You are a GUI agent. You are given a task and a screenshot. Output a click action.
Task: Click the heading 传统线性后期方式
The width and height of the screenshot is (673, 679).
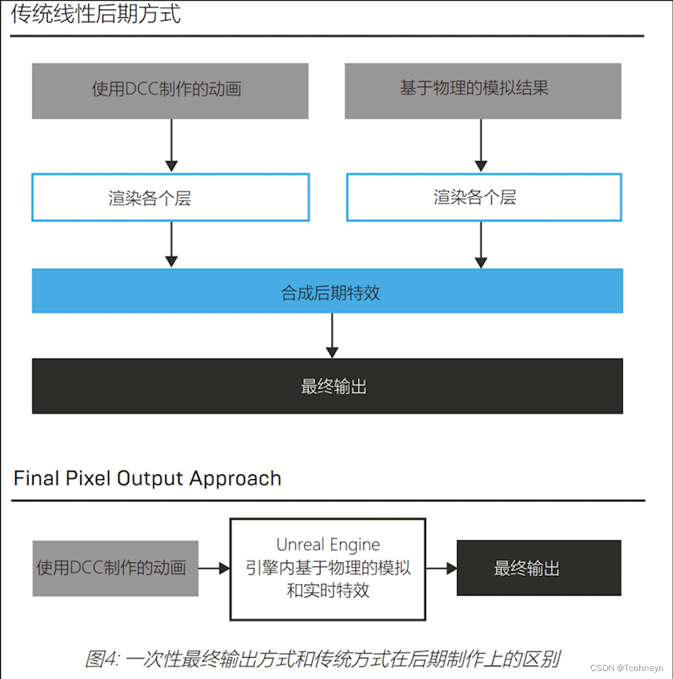tap(96, 14)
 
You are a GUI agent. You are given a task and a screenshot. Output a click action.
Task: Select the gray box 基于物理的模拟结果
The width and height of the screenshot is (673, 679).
tap(483, 91)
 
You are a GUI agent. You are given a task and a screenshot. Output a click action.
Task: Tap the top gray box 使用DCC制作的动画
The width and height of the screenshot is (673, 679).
tap(170, 91)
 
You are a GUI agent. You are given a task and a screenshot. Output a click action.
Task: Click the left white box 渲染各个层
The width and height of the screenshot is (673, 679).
tap(170, 197)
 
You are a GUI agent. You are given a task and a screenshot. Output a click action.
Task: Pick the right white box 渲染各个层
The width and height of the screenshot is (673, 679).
tap(483, 197)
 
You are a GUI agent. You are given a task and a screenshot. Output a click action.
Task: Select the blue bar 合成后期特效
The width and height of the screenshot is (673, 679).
tap(328, 291)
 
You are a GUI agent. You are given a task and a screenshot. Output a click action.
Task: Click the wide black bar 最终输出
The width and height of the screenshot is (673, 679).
tap(328, 386)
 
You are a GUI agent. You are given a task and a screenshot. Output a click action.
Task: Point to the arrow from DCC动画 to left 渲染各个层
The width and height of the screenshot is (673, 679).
tap(171, 145)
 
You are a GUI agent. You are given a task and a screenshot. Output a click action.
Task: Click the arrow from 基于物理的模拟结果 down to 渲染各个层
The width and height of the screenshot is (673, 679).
tap(481, 145)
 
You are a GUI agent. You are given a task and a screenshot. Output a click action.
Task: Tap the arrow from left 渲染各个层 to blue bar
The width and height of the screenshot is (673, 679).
tap(171, 244)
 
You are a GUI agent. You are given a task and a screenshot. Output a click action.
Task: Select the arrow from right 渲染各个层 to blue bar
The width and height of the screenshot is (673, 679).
tap(481, 244)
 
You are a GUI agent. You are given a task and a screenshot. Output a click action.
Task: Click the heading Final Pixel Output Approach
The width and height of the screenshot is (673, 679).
tap(147, 478)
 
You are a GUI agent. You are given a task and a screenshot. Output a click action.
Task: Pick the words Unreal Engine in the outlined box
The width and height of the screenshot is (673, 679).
tap(328, 545)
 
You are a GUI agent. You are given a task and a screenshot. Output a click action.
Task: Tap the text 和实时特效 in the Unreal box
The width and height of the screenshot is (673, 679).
tap(328, 590)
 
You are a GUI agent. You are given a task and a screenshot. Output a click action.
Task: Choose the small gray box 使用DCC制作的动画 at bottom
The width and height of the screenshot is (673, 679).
tap(115, 568)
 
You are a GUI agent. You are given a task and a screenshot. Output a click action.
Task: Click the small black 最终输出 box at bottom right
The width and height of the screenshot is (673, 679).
tap(539, 568)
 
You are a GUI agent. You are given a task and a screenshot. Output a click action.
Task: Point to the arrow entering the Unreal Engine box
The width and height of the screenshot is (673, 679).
tap(213, 568)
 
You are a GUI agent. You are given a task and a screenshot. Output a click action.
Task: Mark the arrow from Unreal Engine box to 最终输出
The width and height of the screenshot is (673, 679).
tap(441, 568)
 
